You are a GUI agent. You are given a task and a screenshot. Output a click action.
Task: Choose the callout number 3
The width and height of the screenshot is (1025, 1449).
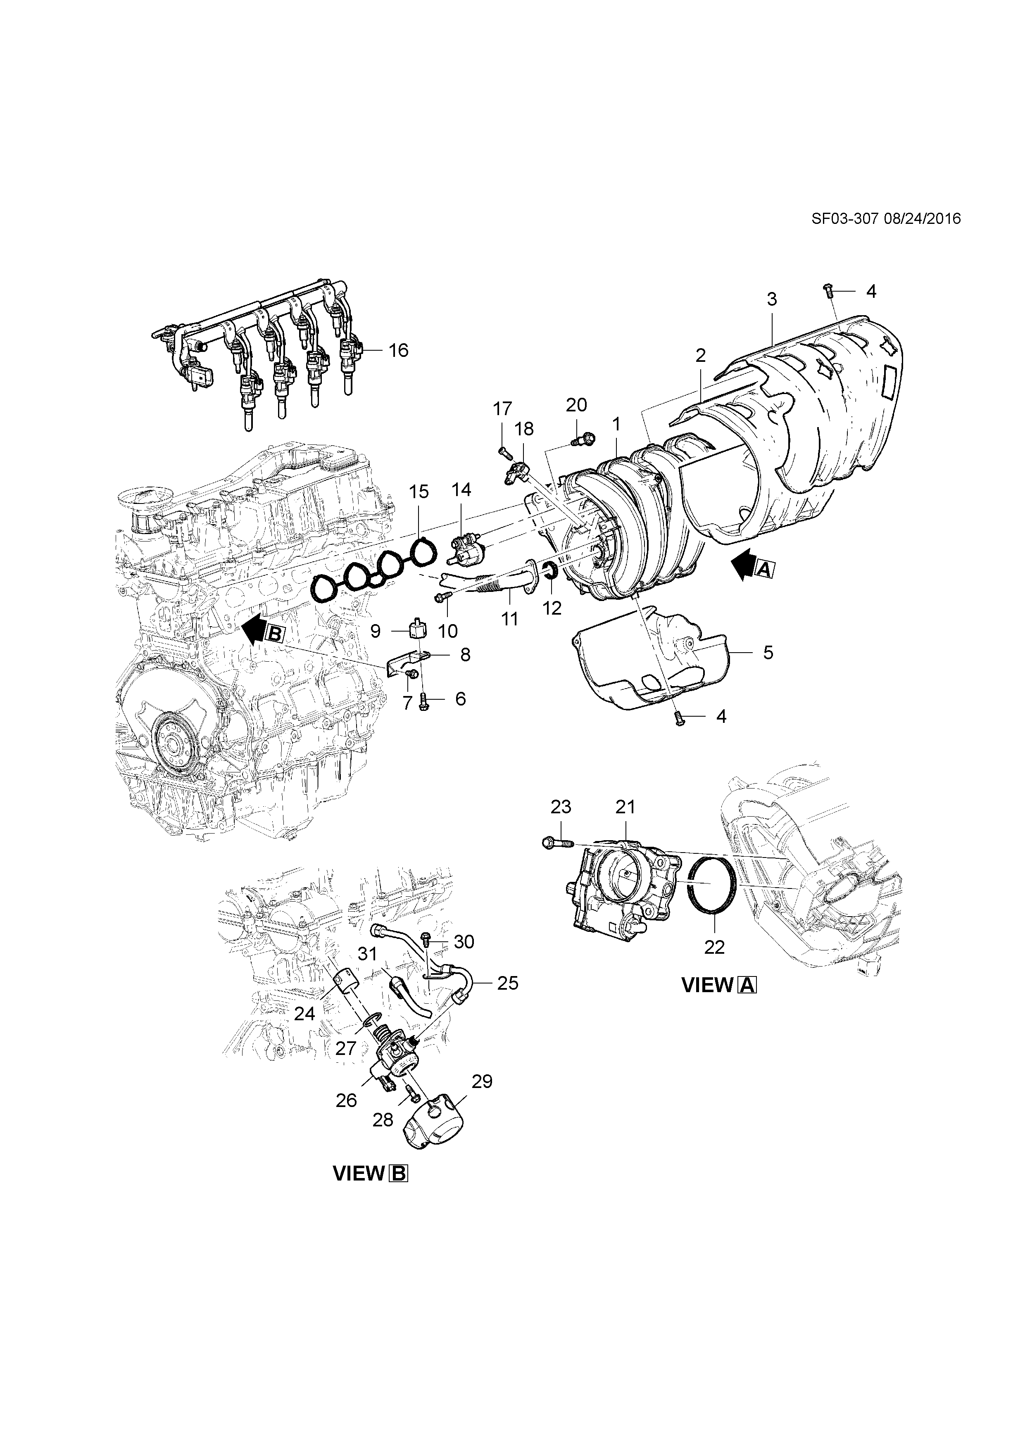click(x=772, y=299)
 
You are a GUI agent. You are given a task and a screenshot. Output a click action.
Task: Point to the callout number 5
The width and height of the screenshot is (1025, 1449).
click(x=768, y=652)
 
